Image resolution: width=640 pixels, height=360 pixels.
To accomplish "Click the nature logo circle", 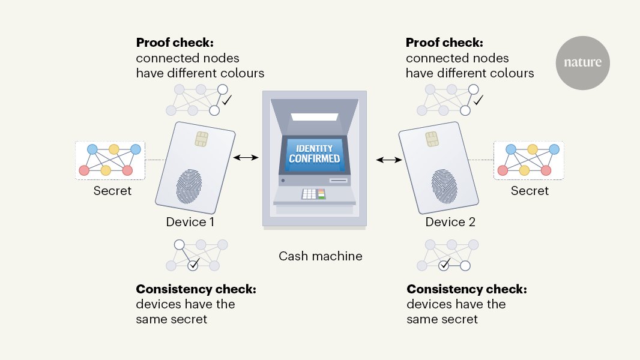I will point(582,62).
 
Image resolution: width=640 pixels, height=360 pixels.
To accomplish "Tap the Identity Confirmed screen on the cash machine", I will point(314,152).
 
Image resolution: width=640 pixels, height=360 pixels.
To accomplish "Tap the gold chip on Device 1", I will point(202,139).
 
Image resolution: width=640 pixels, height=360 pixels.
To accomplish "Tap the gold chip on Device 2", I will point(432,139).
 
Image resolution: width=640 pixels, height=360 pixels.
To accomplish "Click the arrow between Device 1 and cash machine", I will point(246,158).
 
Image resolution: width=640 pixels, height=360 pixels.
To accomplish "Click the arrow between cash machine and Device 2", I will point(389,160).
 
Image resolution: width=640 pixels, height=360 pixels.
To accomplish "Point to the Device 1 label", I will point(190,222).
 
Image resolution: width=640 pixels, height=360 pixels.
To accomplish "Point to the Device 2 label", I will point(450,222).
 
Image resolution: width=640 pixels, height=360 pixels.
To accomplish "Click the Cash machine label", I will point(320,256).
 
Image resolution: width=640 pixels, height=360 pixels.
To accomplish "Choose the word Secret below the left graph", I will point(112,191).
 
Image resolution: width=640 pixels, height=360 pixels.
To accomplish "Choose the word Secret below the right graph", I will point(530,191).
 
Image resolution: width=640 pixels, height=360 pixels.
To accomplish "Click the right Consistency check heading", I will point(466,289).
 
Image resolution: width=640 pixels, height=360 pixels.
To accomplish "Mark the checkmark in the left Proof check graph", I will point(227,101).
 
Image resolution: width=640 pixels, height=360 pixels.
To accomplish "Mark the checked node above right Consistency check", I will point(444,265).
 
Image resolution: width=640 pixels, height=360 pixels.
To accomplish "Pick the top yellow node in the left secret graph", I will point(112,149).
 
